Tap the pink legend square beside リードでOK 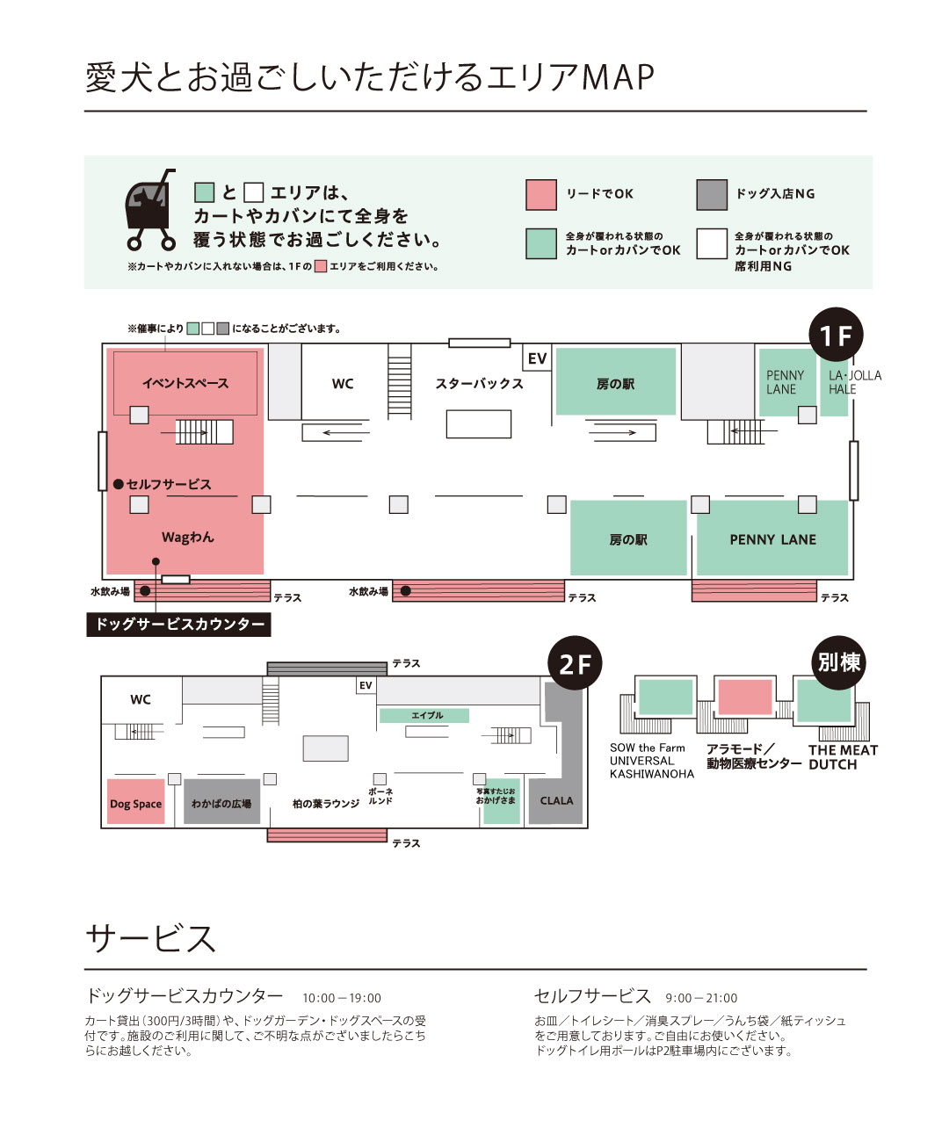[541, 195]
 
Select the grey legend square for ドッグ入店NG [712, 195]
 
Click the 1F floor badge [836, 335]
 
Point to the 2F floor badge [575, 663]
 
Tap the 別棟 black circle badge [838, 662]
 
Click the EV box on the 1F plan [537, 358]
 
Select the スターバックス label [479, 383]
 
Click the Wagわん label [188, 537]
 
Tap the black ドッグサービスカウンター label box [179, 624]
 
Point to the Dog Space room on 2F [135, 801]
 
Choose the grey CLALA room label [556, 800]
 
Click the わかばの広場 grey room [221, 801]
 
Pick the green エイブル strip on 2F [424, 715]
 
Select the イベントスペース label [185, 383]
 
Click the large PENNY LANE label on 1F [773, 539]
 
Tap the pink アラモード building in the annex [744, 697]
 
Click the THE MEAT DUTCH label [843, 757]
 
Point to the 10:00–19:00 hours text [342, 998]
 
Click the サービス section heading [150, 938]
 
